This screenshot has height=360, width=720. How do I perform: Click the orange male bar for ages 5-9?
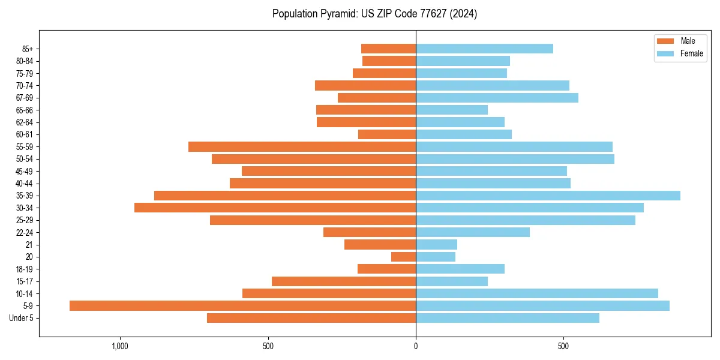242,306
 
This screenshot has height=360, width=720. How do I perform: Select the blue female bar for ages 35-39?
548,196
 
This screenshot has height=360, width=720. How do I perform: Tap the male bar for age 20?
403,257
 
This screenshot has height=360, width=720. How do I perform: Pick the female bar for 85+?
484,49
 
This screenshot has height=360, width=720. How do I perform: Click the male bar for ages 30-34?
275,208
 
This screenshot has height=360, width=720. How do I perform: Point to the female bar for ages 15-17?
452,281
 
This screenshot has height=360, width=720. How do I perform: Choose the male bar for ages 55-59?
302,147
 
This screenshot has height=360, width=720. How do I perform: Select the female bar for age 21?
436,245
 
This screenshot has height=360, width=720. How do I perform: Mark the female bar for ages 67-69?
497,98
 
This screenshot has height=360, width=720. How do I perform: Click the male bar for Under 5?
311,318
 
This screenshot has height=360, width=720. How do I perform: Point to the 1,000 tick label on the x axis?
121,346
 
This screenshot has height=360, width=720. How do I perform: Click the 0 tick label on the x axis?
416,346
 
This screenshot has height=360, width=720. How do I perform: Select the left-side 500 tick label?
268,346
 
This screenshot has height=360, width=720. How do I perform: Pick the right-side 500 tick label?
563,346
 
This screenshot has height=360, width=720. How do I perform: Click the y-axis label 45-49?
25,172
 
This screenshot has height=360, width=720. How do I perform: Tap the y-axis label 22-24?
25,233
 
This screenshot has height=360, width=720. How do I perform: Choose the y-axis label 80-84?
25,61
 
